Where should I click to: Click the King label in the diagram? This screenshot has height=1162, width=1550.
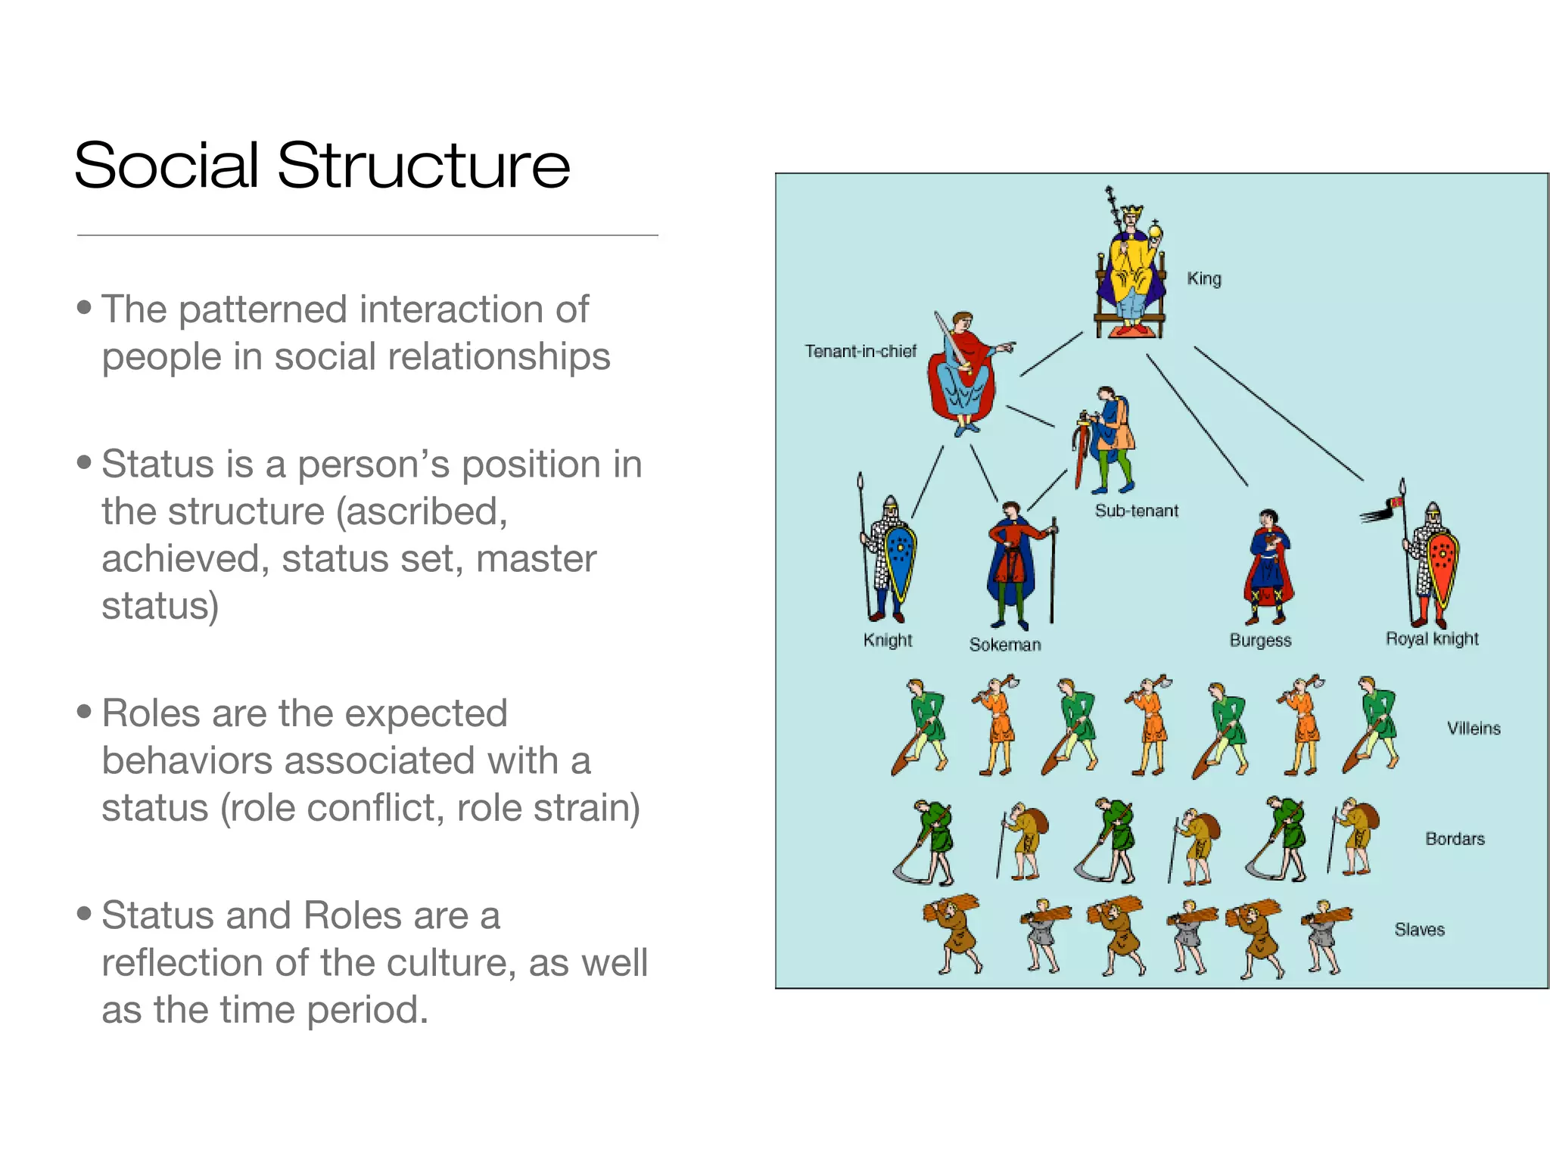(1203, 278)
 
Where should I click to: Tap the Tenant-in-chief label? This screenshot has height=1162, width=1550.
(860, 351)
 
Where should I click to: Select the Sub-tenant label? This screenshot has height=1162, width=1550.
(1136, 511)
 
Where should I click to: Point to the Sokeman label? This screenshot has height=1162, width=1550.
(1005, 645)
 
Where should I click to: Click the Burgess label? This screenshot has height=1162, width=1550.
(1260, 640)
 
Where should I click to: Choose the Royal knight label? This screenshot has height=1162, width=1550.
(1431, 638)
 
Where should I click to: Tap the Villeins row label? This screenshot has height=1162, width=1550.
(1473, 729)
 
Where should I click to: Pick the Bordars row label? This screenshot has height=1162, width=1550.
(1455, 839)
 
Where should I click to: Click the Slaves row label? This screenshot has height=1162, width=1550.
(1419, 930)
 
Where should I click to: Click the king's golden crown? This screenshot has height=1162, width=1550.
(1131, 211)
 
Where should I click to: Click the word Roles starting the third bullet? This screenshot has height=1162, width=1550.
(151, 713)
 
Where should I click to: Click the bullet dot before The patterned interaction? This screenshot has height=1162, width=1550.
(84, 307)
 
